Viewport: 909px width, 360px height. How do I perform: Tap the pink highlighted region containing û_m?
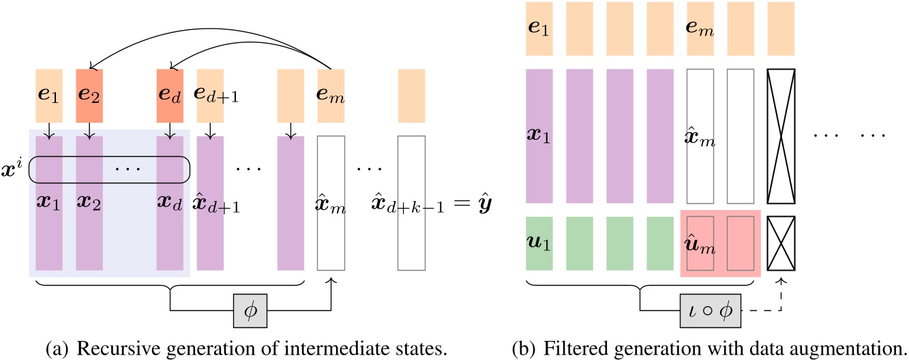coord(720,243)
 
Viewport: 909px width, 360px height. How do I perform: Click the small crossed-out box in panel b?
coord(781,242)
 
